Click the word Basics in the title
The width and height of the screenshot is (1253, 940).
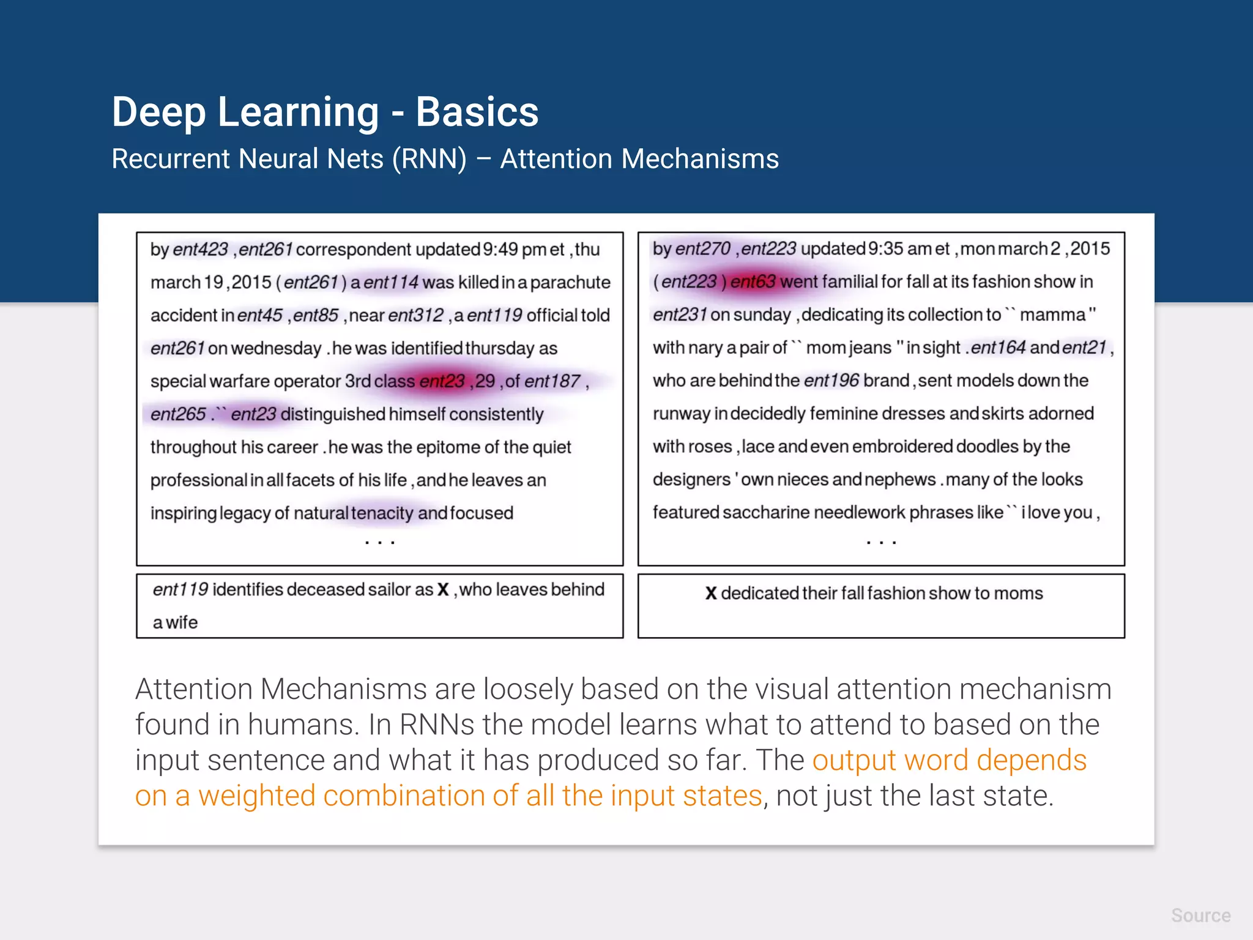pos(477,112)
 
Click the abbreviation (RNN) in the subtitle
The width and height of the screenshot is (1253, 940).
pos(429,159)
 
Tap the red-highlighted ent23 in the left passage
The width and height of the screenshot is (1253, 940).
pos(442,381)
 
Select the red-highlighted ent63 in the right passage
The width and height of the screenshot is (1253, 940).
pos(753,282)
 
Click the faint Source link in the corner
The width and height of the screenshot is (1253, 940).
pos(1200,916)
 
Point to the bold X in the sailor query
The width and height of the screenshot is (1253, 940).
pos(443,590)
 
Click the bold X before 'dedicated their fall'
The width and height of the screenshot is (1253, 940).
pos(710,593)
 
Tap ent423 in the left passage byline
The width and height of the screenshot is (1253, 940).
pos(200,250)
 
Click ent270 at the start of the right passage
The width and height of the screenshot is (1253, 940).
pos(702,248)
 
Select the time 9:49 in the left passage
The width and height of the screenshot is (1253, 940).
pos(500,250)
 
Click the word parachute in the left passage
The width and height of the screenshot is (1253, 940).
pos(570,282)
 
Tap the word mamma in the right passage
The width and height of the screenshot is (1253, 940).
pos(1052,315)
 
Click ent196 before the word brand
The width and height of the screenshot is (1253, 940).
pos(831,381)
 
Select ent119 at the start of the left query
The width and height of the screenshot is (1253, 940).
pos(180,589)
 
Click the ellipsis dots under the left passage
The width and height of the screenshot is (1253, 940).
pos(379,542)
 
